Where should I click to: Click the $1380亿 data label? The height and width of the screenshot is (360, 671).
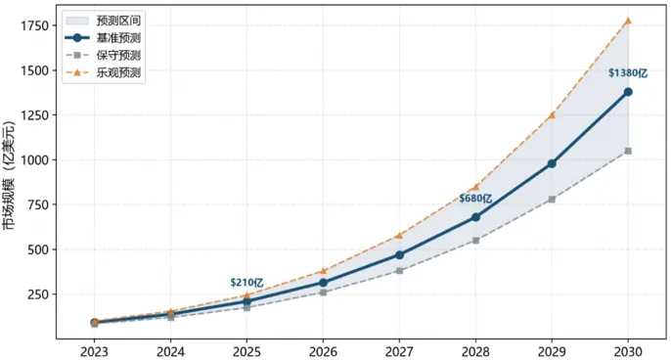[628, 73]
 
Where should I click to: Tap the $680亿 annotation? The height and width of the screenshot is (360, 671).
[475, 199]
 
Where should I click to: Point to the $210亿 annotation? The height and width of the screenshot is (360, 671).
[246, 283]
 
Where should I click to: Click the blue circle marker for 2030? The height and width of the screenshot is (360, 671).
[628, 92]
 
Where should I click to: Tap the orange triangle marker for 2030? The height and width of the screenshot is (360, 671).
[628, 21]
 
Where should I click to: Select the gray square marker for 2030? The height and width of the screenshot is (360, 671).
[628, 151]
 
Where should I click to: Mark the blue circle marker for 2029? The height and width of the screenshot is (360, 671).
[552, 163]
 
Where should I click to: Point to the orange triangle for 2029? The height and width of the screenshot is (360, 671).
[552, 114]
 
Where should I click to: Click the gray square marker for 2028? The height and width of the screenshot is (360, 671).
[475, 240]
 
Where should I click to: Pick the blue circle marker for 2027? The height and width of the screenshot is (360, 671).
[399, 254]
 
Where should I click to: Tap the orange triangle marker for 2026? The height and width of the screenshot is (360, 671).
[323, 271]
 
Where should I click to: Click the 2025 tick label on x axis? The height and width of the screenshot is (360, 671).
[246, 351]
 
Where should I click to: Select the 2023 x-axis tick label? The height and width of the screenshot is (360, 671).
[95, 351]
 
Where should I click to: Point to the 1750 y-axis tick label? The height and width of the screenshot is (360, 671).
[34, 25]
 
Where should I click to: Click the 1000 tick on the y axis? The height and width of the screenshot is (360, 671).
[34, 160]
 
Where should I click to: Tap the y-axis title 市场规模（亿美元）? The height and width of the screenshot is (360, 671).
[9, 175]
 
